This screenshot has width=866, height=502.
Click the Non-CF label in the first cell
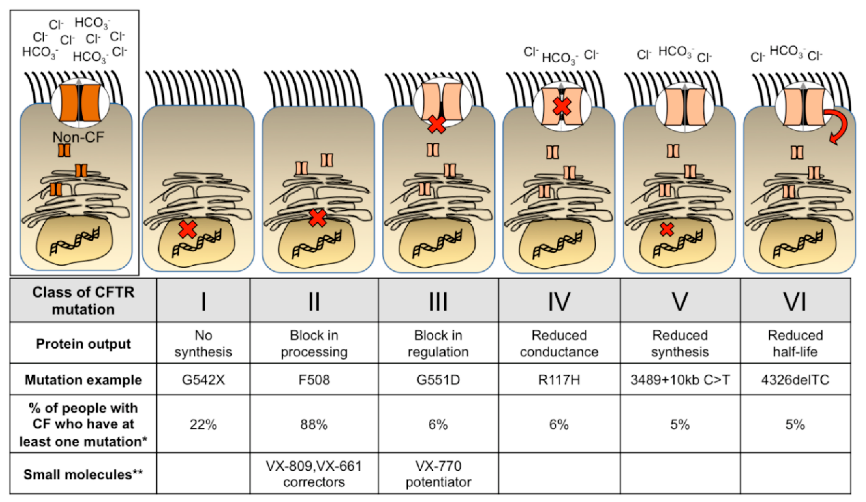[x=78, y=137]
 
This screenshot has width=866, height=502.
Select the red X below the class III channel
[x=437, y=125]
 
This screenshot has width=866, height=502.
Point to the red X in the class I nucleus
[x=188, y=230]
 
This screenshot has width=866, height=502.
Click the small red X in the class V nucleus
[x=667, y=230]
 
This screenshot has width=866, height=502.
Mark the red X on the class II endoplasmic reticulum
[x=317, y=218]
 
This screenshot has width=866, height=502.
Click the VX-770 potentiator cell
[x=438, y=474]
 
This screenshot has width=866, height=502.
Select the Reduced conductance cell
[x=559, y=344]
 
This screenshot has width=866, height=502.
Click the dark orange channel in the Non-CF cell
[x=80, y=103]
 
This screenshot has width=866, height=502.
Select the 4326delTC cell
[x=795, y=380]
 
